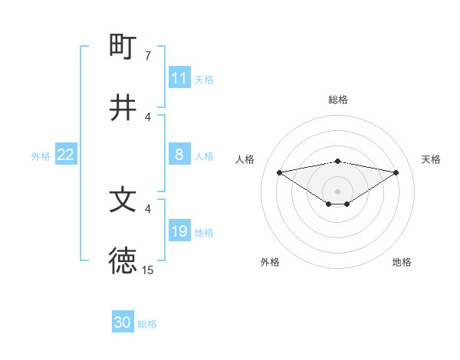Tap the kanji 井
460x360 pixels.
click(x=123, y=108)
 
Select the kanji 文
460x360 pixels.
click(x=123, y=200)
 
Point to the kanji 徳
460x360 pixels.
click(x=123, y=261)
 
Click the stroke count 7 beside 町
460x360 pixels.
click(x=147, y=56)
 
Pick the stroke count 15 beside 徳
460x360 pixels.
click(x=147, y=270)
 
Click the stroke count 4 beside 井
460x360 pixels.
click(x=147, y=117)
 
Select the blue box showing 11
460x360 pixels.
click(x=179, y=78)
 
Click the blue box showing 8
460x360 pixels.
click(x=179, y=155)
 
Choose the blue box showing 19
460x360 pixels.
click(x=179, y=231)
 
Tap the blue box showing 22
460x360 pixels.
click(x=66, y=155)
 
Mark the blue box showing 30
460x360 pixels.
click(x=123, y=322)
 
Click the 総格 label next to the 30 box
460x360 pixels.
click(x=147, y=324)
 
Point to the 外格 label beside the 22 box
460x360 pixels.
click(x=41, y=156)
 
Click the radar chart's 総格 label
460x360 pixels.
click(x=337, y=100)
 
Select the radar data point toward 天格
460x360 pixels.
click(x=396, y=172)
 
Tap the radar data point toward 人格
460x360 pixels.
click(x=279, y=172)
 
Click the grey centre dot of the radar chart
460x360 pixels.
click(x=337, y=191)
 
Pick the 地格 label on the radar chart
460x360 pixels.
click(x=402, y=262)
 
